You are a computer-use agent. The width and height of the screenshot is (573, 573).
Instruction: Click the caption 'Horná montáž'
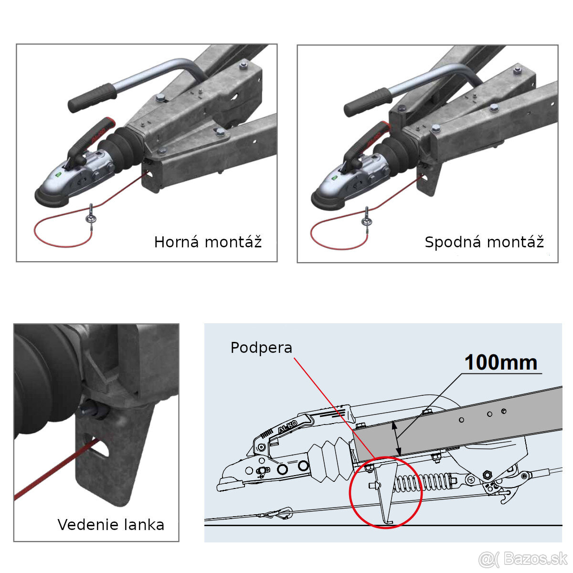(x=208, y=242)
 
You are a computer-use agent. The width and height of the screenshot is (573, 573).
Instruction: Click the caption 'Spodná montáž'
(x=484, y=242)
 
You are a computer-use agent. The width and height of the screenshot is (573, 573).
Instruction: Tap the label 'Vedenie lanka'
(x=111, y=525)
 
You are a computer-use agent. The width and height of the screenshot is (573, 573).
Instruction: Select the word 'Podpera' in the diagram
(x=261, y=347)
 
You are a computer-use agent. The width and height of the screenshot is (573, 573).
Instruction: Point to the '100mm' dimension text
(x=501, y=362)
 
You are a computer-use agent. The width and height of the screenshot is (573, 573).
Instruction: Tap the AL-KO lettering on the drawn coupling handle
(x=287, y=427)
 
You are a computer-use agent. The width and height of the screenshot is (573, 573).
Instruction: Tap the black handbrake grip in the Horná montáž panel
(x=93, y=97)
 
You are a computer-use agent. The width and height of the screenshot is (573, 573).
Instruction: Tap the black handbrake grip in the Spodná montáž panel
(x=368, y=102)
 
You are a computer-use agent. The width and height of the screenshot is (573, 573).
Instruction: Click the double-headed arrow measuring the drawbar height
(x=396, y=438)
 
